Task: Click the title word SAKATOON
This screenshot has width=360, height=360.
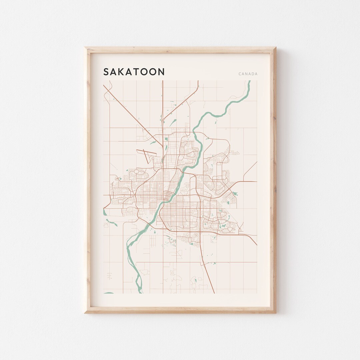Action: click(134, 72)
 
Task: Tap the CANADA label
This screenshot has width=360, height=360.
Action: click(248, 74)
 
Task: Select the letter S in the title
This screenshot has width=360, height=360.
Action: click(106, 72)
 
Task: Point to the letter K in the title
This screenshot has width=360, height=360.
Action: click(122, 72)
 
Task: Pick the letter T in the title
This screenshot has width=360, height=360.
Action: click(138, 72)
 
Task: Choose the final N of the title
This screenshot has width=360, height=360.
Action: click(161, 72)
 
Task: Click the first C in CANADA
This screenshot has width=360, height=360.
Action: click(240, 74)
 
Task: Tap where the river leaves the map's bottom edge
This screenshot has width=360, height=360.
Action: click(140, 292)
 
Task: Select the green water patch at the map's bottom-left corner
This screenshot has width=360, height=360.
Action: click(108, 293)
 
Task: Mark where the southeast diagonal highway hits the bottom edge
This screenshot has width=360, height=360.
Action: click(214, 292)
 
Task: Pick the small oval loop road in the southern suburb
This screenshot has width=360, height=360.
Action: click(192, 239)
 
